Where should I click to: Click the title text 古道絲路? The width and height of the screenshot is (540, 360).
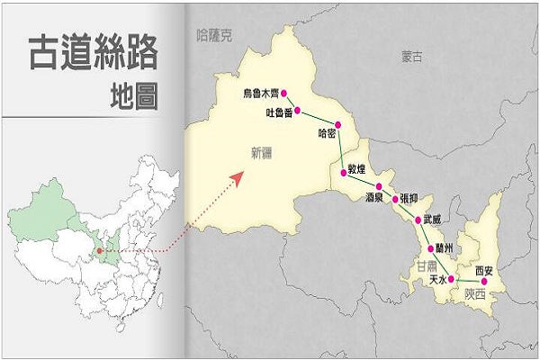[93, 53]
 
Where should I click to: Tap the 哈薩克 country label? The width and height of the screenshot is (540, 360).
[213, 36]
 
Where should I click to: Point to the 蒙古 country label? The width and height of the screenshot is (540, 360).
[412, 57]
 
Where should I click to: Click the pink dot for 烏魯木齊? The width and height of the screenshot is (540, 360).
[284, 93]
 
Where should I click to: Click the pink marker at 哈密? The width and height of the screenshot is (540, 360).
[338, 125]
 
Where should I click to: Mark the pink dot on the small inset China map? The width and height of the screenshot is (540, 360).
[100, 251]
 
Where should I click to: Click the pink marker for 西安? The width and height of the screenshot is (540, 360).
[486, 280]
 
